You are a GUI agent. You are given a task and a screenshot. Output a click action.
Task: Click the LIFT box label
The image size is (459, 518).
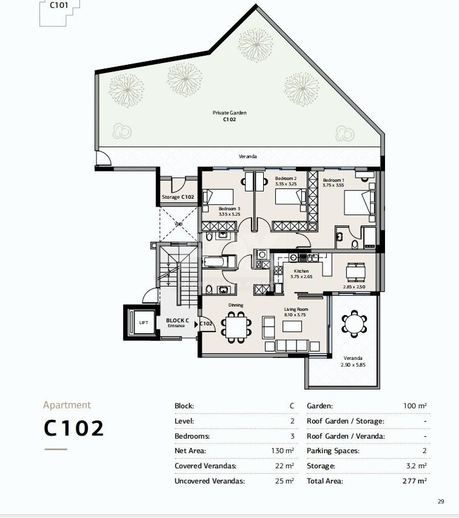[x=143, y=322]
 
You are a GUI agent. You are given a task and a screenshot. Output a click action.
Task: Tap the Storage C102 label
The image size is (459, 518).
[x=178, y=198]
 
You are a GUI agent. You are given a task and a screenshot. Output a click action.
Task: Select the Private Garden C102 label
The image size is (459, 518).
[x=229, y=116]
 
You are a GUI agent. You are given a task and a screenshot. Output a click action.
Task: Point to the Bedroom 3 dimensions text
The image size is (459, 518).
[x=229, y=214]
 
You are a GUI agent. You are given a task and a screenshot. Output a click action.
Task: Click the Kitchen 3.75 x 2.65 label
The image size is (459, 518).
[x=301, y=274]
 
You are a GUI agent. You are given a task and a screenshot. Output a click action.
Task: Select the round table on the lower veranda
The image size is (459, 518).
[x=353, y=324]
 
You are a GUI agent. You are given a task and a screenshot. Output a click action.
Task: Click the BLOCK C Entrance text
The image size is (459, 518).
[x=178, y=323]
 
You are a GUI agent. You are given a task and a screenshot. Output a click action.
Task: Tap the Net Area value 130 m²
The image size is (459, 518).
[x=283, y=451]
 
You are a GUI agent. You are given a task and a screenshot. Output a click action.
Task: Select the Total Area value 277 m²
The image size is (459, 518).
[x=415, y=481]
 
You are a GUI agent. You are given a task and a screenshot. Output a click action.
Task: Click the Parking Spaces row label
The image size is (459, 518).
[x=333, y=451]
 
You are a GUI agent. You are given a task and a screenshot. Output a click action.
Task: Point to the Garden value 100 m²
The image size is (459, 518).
[x=415, y=406]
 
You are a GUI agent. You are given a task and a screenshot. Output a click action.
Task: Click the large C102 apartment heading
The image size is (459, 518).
[x=74, y=428]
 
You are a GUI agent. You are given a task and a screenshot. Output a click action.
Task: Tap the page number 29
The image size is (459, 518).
[x=440, y=501]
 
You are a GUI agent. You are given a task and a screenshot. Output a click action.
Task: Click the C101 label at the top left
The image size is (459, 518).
[x=59, y=5]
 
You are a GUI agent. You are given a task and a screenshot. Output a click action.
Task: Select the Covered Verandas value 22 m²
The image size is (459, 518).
[x=285, y=466]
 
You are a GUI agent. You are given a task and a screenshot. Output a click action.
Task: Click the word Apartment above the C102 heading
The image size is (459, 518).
[x=67, y=405]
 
